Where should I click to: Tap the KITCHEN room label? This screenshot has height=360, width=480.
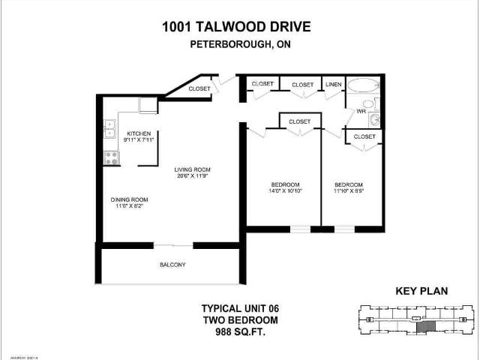[x=139, y=133]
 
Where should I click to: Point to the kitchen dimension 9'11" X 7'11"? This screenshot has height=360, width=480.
[x=139, y=140]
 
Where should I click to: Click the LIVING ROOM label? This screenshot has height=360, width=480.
[x=191, y=169]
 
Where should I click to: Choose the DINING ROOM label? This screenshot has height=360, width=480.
[x=129, y=199]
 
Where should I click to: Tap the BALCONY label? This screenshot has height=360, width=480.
[x=172, y=265]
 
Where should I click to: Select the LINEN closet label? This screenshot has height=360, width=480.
[x=333, y=85]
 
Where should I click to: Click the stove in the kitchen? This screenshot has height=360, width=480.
[x=111, y=157]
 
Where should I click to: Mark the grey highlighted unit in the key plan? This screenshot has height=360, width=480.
[x=425, y=326]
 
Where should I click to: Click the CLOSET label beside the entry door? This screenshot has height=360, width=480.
[x=199, y=88]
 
